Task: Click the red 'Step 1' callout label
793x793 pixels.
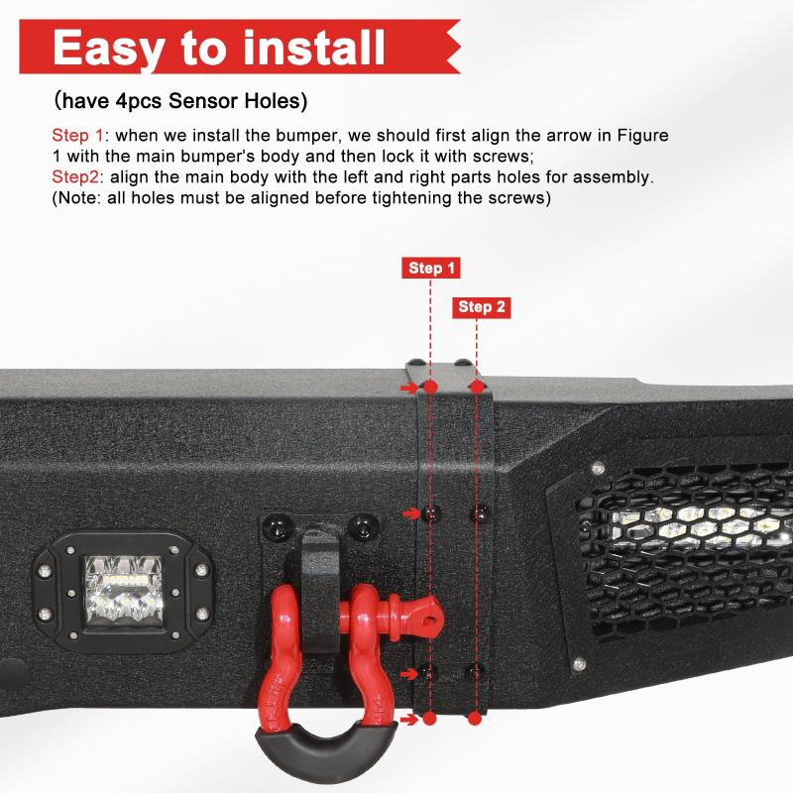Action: pos(431,268)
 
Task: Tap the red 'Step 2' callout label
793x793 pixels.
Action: pos(482,307)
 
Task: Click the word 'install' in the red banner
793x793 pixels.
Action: pos(314,48)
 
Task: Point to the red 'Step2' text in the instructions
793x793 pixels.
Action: pos(75,177)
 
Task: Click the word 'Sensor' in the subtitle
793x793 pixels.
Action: pos(203,101)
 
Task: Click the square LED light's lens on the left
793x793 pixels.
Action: pos(124,591)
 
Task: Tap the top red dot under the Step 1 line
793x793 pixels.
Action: pos(430,388)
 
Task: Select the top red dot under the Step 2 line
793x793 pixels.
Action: pos(477,388)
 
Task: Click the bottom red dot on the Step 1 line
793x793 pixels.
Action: pos(429,718)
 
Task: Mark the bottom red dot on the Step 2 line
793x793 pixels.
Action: pos(475,718)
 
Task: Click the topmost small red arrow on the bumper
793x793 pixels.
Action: pos(409,388)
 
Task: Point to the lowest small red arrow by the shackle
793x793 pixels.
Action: pos(408,719)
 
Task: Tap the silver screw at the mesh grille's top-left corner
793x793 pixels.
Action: pos(599,467)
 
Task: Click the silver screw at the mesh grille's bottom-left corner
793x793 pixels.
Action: pos(580,663)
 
